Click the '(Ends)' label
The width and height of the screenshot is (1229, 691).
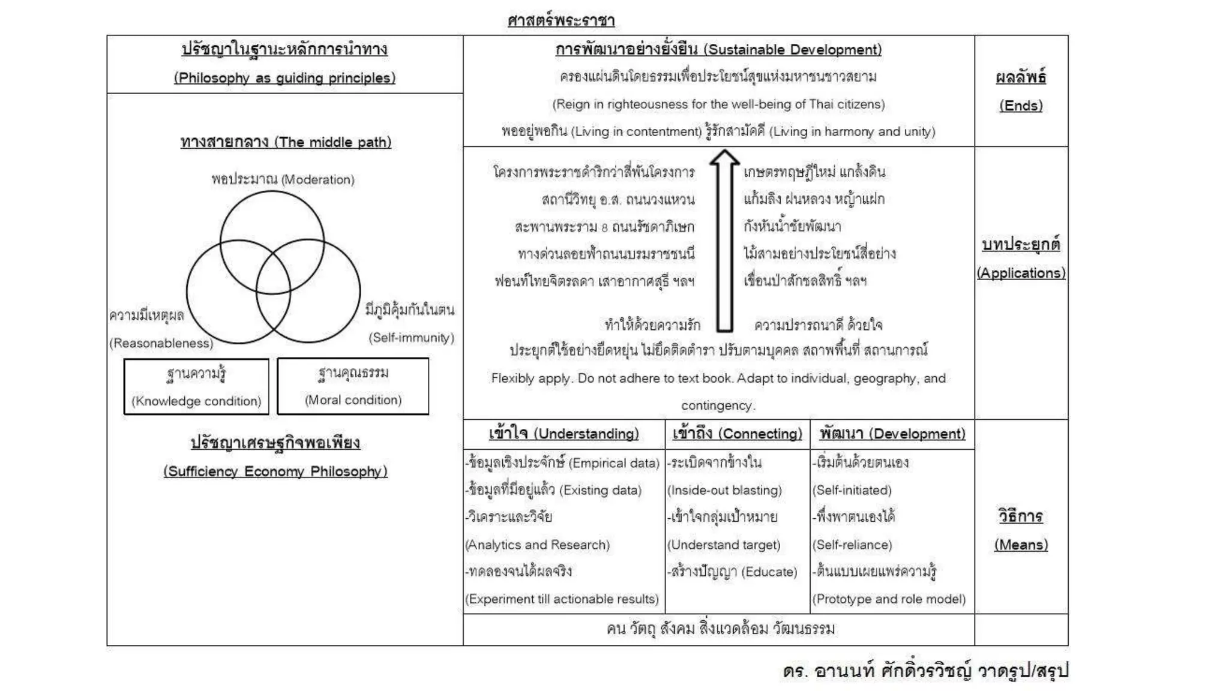pyautogui.click(x=1021, y=106)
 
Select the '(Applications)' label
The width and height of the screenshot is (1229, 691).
pyautogui.click(x=1021, y=273)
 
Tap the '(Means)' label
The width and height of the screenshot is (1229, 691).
pyautogui.click(x=1021, y=545)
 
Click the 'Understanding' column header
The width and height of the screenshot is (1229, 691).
pyautogui.click(x=563, y=434)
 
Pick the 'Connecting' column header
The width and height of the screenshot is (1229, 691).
pyautogui.click(x=737, y=434)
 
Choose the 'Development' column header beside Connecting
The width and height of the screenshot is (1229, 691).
pyautogui.click(x=892, y=434)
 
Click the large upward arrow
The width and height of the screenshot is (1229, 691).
pyautogui.click(x=724, y=240)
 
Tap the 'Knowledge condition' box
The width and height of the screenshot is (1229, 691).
pyautogui.click(x=196, y=387)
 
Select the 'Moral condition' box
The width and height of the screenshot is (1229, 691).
pyautogui.click(x=353, y=386)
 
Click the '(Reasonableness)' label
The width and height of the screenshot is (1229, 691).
pyautogui.click(x=161, y=343)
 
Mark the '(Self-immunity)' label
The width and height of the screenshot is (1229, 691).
pyautogui.click(x=411, y=338)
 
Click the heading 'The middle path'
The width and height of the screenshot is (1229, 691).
pyautogui.click(x=286, y=142)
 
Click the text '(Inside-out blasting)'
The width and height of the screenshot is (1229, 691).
pyautogui.click(x=724, y=490)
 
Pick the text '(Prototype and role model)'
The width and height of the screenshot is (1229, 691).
pyautogui.click(x=889, y=599)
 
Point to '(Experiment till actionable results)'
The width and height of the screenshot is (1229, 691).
pyautogui.click(x=562, y=599)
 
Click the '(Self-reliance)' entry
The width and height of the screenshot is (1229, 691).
pyautogui.click(x=852, y=545)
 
